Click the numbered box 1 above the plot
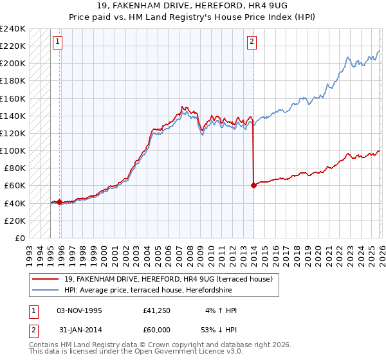click(x=57, y=42)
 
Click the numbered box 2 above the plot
click(x=251, y=42)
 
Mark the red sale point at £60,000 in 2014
click(x=253, y=185)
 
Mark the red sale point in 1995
click(x=60, y=202)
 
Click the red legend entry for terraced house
click(x=169, y=279)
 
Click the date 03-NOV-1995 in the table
click(x=79, y=310)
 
